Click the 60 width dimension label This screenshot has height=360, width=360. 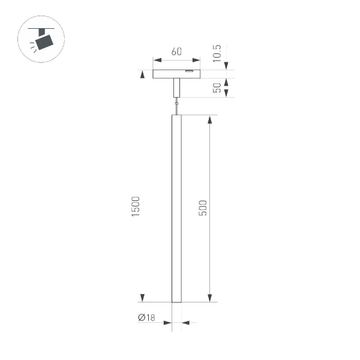coord(176,52)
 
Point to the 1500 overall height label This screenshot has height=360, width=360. coord(136,207)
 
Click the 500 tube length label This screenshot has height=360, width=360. coord(203,208)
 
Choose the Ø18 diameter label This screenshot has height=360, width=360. coord(146,317)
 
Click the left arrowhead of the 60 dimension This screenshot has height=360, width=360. coord(156,60)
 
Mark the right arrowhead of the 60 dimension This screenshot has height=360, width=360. coord(197,60)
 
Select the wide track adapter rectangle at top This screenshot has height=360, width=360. coord(176,74)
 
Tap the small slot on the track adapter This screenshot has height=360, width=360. coord(190,71)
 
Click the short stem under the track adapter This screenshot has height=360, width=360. coord(176,89)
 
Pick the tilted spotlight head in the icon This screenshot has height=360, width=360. coord(44,42)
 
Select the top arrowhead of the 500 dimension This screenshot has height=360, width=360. coord(209,119)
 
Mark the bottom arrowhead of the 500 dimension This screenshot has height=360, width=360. coord(209,298)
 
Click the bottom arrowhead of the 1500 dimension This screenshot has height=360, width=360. coord(142,298)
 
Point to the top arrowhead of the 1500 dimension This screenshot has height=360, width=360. coord(142,74)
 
